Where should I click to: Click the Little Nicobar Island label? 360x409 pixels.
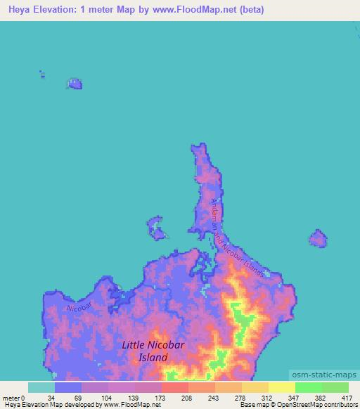pyautogui.click(x=145, y=351)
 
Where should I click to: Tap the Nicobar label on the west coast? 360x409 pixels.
pyautogui.click(x=79, y=307)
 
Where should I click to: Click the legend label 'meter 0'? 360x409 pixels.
pyautogui.click(x=13, y=398)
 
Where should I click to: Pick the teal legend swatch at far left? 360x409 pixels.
pyautogui.click(x=41, y=387)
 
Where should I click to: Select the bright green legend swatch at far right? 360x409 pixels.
pyautogui.click(x=335, y=387)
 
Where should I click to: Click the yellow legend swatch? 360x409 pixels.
pyautogui.click(x=281, y=387)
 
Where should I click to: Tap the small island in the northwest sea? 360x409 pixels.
pyautogui.click(x=74, y=84)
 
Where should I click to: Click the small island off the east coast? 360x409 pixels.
pyautogui.click(x=319, y=238)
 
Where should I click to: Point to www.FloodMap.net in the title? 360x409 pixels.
pyautogui.click(x=201, y=11)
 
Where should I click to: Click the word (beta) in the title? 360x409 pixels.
pyautogui.click(x=249, y=11)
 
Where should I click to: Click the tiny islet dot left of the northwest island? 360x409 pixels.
pyautogui.click(x=42, y=72)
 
